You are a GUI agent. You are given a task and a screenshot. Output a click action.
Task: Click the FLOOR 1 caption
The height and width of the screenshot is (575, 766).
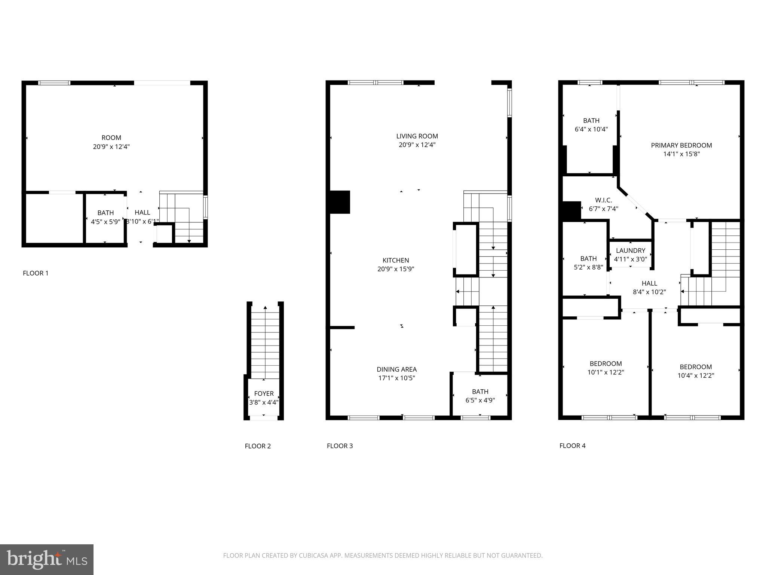36,273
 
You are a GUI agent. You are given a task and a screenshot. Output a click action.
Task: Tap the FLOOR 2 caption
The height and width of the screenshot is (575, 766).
258,446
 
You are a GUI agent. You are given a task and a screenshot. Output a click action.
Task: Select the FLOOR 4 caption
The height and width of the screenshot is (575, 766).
572,445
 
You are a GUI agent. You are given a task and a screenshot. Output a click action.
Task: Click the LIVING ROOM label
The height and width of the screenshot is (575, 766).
417,136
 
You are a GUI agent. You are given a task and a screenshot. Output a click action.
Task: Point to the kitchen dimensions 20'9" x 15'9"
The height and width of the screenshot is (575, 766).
396,269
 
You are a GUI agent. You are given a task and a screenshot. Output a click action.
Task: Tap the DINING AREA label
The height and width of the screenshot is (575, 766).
396,369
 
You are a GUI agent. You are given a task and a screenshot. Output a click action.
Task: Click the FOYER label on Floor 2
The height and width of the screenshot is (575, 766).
264,393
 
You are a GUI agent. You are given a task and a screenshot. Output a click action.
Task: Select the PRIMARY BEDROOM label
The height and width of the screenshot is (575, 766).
681,145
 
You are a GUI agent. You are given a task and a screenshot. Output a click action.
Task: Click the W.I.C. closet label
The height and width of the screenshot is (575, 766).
603,200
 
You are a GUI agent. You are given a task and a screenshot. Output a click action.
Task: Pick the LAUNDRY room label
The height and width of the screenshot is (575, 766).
631,250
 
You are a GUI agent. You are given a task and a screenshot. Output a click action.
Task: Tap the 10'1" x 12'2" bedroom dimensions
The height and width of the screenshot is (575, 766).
606,372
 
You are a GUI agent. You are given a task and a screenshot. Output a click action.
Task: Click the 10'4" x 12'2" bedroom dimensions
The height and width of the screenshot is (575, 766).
696,375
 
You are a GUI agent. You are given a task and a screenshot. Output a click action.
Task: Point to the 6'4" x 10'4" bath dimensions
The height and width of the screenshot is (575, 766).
591,129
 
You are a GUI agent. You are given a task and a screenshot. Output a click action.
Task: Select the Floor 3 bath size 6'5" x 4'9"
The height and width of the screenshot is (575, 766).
480,400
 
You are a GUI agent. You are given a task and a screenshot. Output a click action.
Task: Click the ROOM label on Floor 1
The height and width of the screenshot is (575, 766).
111,138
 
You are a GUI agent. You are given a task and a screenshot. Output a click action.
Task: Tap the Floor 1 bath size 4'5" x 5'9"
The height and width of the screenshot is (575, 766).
105,222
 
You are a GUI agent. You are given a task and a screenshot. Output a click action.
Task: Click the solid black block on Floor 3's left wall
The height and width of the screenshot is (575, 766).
340,202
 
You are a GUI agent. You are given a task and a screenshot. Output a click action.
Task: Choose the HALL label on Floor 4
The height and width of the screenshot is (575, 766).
649,283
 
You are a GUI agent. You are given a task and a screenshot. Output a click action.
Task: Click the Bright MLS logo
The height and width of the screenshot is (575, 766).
47,559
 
